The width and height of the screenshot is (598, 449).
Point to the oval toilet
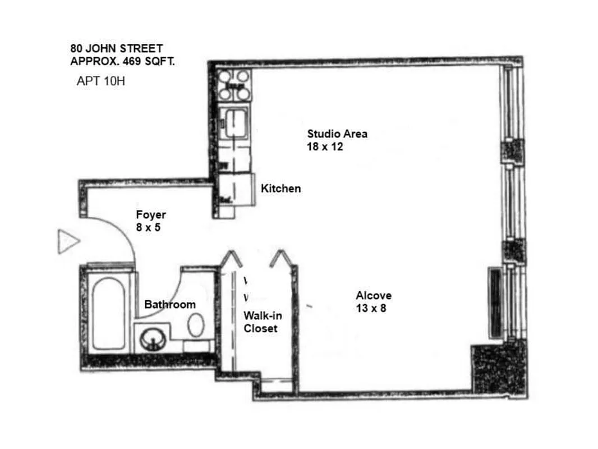(195, 325)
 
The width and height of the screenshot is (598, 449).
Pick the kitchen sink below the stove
(234, 122)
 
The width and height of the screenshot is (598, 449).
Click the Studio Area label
(337, 134)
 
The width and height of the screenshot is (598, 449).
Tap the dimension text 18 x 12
(325, 147)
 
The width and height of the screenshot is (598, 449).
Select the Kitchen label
(280, 189)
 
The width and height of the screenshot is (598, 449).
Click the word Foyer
(151, 215)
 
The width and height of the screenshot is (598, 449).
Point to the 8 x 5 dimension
(148, 228)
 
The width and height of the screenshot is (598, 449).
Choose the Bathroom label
(170, 305)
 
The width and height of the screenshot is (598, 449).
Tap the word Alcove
(374, 296)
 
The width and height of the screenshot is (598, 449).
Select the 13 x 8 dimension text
(371, 308)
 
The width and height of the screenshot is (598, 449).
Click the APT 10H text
(100, 81)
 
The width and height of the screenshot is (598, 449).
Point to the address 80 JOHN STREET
(117, 49)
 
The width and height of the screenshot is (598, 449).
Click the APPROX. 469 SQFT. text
(122, 61)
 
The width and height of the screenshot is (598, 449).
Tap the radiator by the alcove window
(495, 303)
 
